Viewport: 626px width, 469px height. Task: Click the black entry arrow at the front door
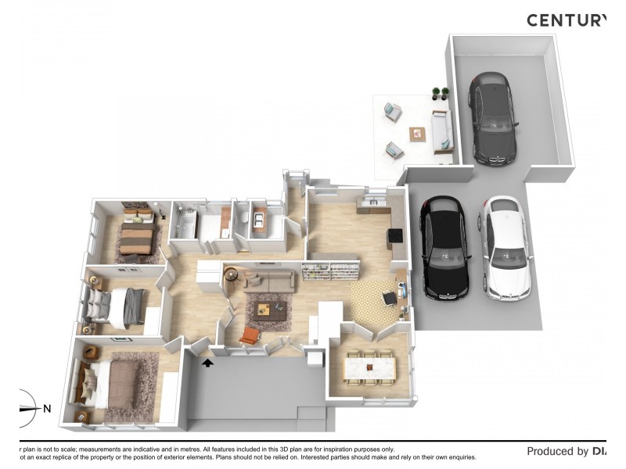pyautogui.click(x=208, y=362)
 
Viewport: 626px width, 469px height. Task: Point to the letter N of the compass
pyautogui.click(x=47, y=408)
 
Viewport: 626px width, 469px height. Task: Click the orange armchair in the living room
pyautogui.click(x=249, y=335)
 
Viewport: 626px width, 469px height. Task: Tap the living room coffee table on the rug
pyautogui.click(x=270, y=309)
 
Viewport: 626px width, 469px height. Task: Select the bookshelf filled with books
pyautogui.click(x=330, y=271)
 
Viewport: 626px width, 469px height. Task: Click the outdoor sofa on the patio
pyautogui.click(x=442, y=130)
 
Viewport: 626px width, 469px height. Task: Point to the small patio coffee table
pyautogui.click(x=418, y=134)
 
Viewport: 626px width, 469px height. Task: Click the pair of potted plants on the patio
pyautogui.click(x=441, y=94)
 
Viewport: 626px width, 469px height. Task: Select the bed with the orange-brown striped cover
pyautogui.click(x=138, y=235)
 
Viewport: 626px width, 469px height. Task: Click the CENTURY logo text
pyautogui.click(x=566, y=20)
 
